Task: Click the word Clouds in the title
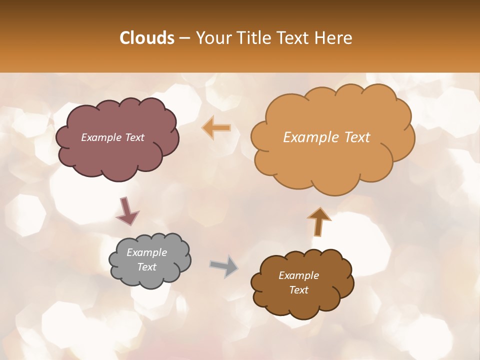point(147,38)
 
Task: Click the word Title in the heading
point(255,38)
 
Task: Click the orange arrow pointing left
point(216,128)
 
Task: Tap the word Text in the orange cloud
point(357,137)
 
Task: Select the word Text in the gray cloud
point(147,267)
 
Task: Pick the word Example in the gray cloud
point(146,252)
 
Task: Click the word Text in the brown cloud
point(298,290)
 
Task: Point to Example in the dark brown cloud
point(298,275)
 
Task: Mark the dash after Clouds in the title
point(184,38)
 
